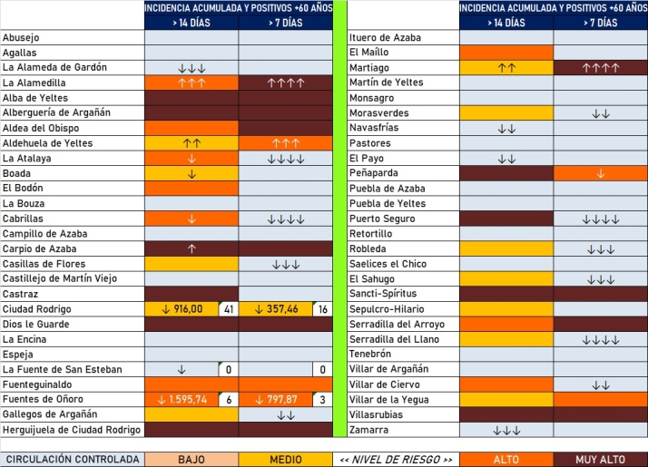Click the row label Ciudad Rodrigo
[x=36, y=309]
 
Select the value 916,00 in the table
[x=184, y=309]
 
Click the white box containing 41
[x=228, y=309]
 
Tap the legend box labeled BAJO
[x=191, y=460]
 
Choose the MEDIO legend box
[x=286, y=460]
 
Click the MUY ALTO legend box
[x=601, y=460]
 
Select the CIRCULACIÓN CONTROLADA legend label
[x=72, y=460]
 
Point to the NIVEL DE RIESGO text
[x=396, y=460]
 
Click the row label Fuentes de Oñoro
[x=42, y=400]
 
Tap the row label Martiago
[x=369, y=68]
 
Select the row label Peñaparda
[x=375, y=173]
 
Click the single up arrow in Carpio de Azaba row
[x=191, y=248]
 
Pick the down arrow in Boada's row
[x=191, y=173]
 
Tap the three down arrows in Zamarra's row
[x=506, y=430]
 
